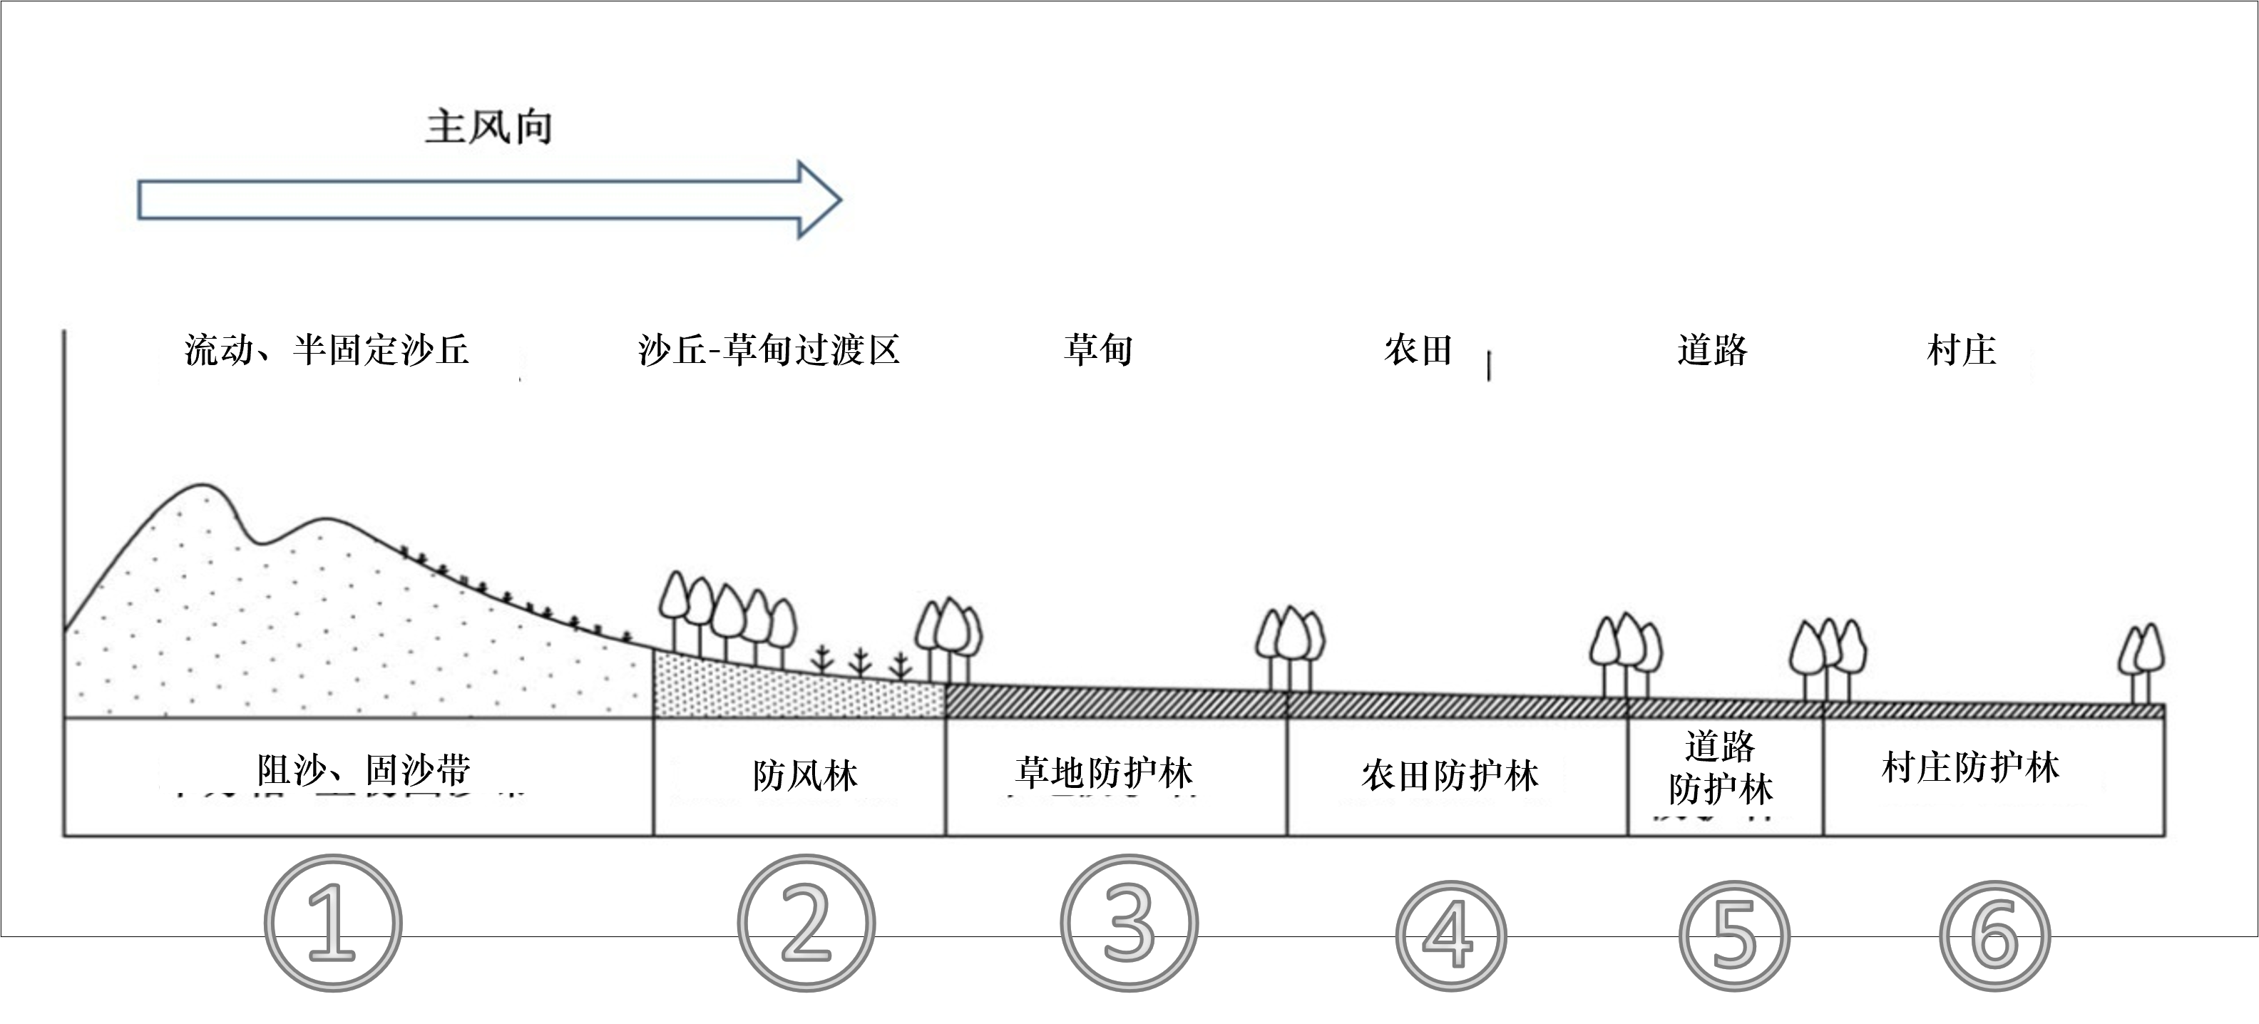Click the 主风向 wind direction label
click(x=488, y=127)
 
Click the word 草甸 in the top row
click(x=1098, y=350)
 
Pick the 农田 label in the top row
click(x=1418, y=350)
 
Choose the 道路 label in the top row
click(x=1712, y=350)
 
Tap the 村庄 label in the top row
click(x=1961, y=350)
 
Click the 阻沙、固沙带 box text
click(x=364, y=771)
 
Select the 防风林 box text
click(x=804, y=775)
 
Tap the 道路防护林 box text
click(x=1721, y=769)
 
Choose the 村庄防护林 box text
click(x=1969, y=768)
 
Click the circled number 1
click(x=332, y=923)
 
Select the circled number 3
click(x=1129, y=923)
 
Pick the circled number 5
click(x=1733, y=936)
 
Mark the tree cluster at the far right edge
click(x=2141, y=662)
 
